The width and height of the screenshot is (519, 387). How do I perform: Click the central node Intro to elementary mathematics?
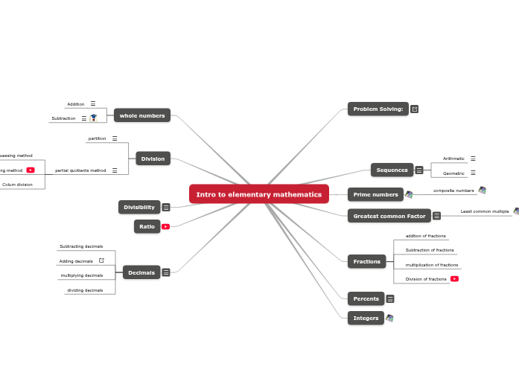(x=258, y=194)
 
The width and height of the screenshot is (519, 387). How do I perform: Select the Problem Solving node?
(x=378, y=109)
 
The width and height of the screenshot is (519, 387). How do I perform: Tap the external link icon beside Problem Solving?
(x=415, y=109)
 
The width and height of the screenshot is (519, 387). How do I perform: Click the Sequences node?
(x=392, y=170)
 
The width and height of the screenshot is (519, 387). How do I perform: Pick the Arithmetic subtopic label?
(x=453, y=159)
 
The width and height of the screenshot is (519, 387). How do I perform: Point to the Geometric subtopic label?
(x=453, y=173)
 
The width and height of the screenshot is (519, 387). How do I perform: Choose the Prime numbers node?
(x=375, y=194)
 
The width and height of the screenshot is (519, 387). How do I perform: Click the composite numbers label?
(x=453, y=191)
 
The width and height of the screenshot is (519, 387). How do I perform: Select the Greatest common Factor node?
(x=389, y=216)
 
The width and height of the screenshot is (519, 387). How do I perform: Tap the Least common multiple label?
(x=485, y=211)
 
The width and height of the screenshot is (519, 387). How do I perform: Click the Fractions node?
(x=366, y=261)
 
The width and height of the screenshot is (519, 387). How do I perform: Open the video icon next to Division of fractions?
(x=454, y=279)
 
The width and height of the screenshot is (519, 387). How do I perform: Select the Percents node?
(x=366, y=298)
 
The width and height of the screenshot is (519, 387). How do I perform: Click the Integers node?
(x=366, y=318)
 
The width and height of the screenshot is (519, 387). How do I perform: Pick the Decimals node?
(x=141, y=272)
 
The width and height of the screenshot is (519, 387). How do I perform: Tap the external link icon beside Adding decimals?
(x=101, y=260)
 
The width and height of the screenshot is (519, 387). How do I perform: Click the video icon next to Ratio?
(x=165, y=226)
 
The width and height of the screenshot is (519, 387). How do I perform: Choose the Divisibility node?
(x=139, y=207)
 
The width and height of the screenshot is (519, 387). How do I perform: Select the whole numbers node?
(x=142, y=115)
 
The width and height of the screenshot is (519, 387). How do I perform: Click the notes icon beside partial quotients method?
(x=114, y=170)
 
